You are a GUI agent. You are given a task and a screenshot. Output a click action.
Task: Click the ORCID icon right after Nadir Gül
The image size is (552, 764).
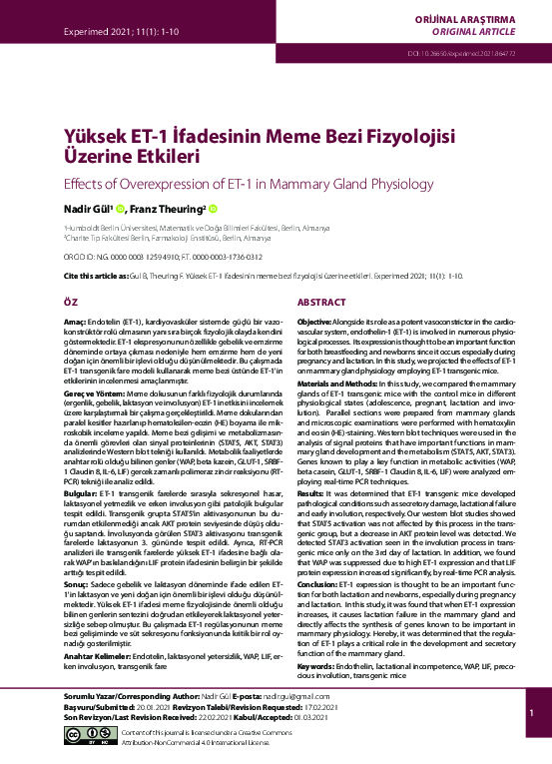[120, 209]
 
